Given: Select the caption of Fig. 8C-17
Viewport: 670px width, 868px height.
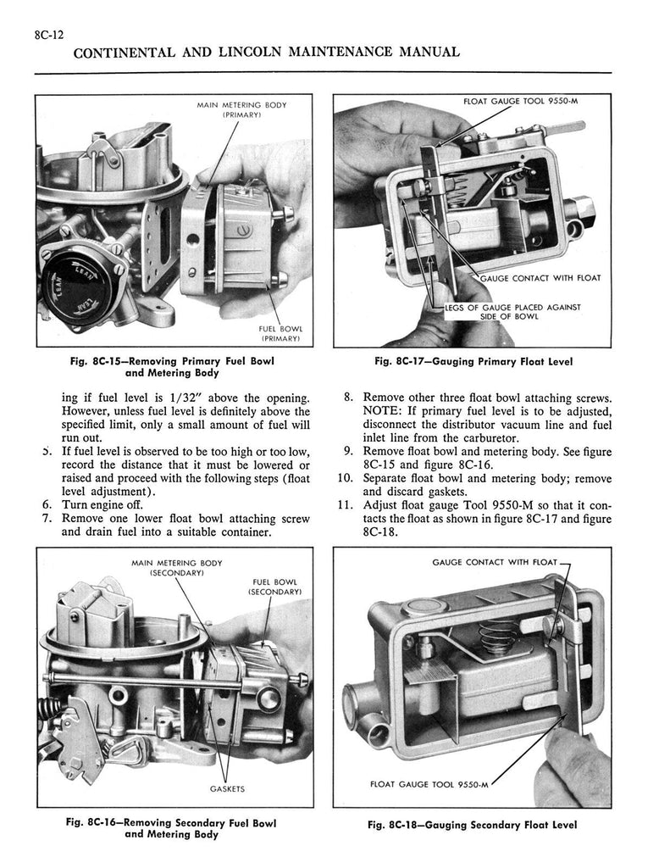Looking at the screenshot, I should (x=473, y=361).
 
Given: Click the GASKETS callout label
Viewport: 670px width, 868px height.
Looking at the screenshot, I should (x=227, y=788).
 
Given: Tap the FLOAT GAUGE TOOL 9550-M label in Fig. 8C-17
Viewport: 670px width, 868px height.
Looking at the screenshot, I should (x=525, y=102).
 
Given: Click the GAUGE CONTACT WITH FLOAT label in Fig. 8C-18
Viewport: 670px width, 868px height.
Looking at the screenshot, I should (x=495, y=561).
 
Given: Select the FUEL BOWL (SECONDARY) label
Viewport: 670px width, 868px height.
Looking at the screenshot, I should (x=274, y=586).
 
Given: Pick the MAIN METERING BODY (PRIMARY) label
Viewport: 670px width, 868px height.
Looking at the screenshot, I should (x=241, y=110).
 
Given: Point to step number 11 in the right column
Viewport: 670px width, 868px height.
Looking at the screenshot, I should (x=346, y=507).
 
